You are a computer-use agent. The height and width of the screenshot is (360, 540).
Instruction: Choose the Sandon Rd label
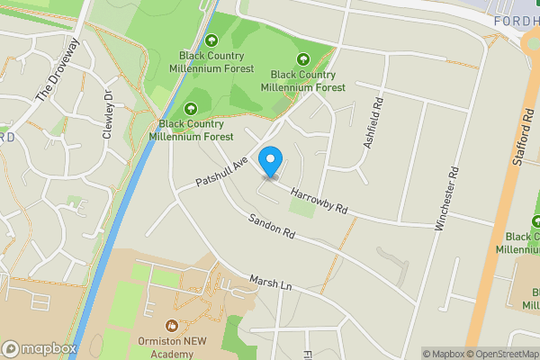click(272, 227)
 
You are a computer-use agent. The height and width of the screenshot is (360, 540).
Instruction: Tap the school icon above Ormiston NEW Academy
click(172, 324)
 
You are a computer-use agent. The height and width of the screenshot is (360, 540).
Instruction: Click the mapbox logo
click(39, 348)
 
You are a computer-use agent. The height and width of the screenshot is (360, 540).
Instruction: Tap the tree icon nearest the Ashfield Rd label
click(314, 58)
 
